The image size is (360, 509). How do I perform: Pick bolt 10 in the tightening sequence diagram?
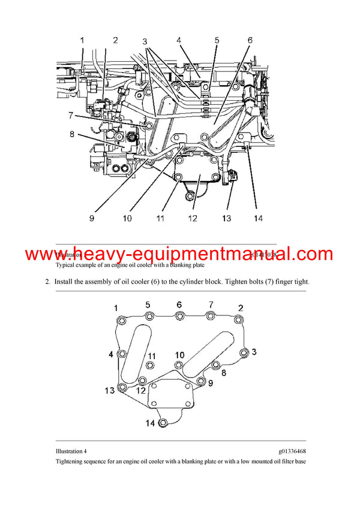click(x=179, y=365)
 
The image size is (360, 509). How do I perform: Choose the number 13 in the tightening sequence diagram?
click(x=109, y=391)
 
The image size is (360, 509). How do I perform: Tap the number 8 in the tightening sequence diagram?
click(x=223, y=372)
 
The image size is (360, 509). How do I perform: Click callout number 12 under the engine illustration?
click(x=192, y=219)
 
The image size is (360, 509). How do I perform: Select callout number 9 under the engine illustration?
click(x=92, y=219)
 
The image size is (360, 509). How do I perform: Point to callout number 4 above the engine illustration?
click(x=179, y=40)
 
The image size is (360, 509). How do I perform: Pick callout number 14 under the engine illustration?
click(x=257, y=219)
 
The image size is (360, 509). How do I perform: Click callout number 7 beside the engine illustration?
click(x=70, y=115)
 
